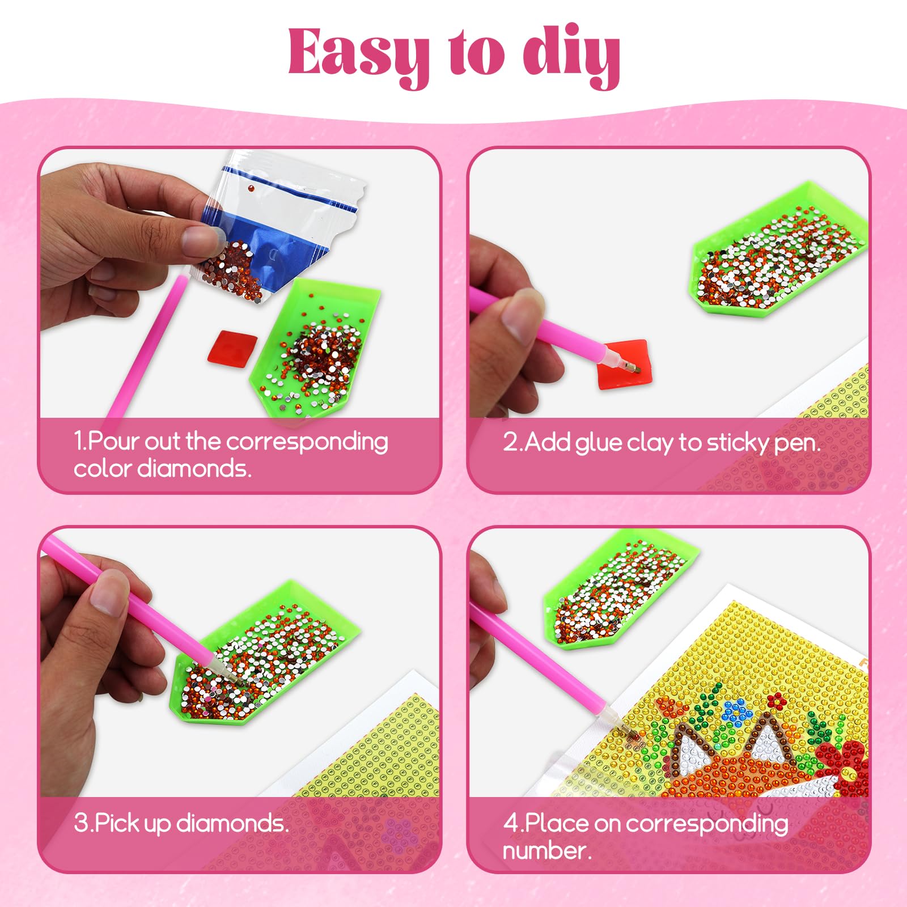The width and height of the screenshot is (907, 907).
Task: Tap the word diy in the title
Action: click(571, 55)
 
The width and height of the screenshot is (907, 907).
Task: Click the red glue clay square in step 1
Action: click(232, 347)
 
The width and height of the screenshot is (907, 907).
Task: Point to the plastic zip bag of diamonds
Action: click(278, 227)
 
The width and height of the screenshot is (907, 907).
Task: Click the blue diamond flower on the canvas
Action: click(735, 709)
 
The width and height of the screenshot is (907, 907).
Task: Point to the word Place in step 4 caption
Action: click(557, 824)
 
